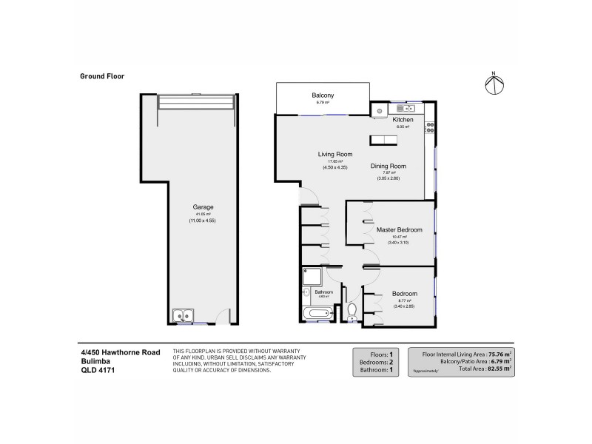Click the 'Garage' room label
[196, 207]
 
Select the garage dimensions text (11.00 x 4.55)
[196, 221]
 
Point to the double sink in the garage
[182, 317]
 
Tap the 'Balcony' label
[323, 95]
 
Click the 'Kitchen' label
[403, 120]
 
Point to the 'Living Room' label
[334, 154]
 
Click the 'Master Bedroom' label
[399, 229]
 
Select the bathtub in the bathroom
[321, 315]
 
